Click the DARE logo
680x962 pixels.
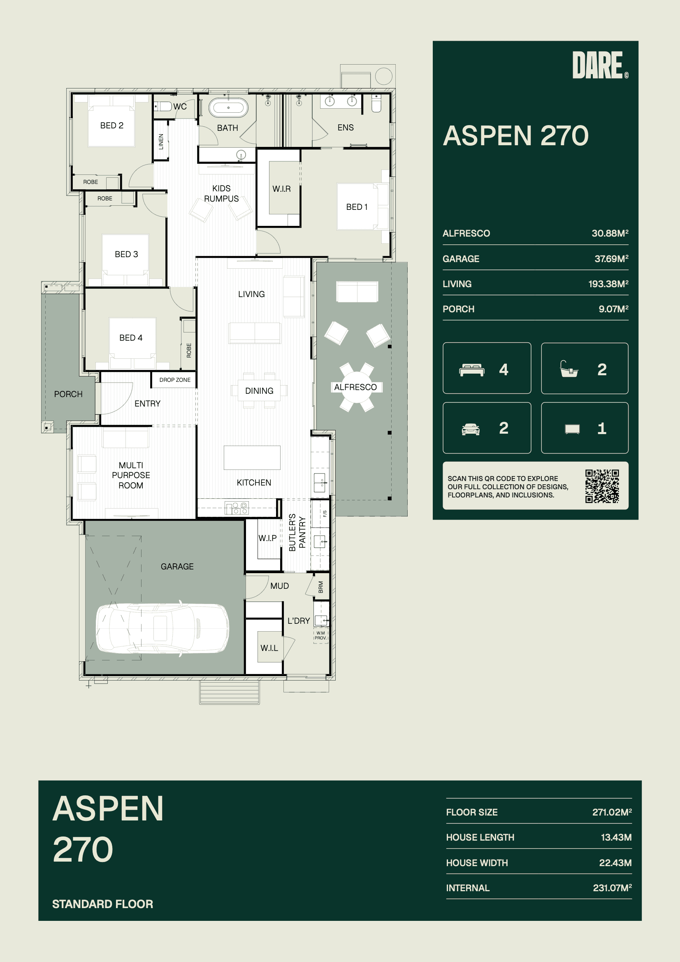[x=600, y=65]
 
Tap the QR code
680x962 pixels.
[x=602, y=486]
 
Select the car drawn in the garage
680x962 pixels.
[x=162, y=628]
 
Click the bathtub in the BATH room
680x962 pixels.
[x=228, y=108]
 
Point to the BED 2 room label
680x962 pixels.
[x=112, y=125]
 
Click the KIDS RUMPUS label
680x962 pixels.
[x=221, y=193]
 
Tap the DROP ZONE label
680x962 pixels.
[x=175, y=380]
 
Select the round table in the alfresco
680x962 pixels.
[x=356, y=387]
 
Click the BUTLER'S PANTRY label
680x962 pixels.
[x=297, y=532]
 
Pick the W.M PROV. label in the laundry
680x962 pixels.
[x=320, y=635]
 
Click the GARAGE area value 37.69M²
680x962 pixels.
[x=611, y=259]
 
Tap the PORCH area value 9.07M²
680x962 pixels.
[x=613, y=309]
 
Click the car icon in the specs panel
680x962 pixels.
[x=471, y=430]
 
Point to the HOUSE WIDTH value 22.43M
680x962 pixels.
[x=615, y=863]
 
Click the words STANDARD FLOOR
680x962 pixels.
[x=103, y=904]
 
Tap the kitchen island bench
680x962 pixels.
[x=252, y=458]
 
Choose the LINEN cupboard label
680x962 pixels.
[x=161, y=142]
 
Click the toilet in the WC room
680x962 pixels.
[x=163, y=107]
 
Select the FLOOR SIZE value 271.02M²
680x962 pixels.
[x=612, y=812]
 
